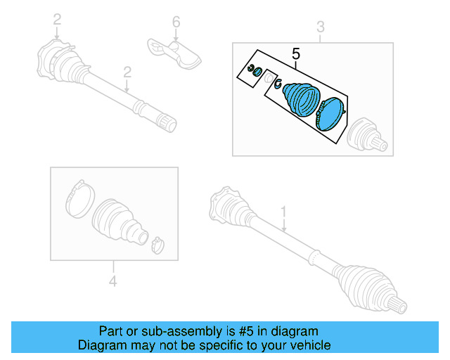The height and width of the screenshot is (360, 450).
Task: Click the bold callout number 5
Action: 295,53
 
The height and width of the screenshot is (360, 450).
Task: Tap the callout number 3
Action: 320,27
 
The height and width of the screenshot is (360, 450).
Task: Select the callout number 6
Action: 176,22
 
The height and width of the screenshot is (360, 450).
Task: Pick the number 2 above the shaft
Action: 127,72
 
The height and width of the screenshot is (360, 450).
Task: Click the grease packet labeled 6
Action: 174,50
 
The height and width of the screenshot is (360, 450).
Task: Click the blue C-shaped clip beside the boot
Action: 277,84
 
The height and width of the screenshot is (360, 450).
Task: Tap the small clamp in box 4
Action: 157,244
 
